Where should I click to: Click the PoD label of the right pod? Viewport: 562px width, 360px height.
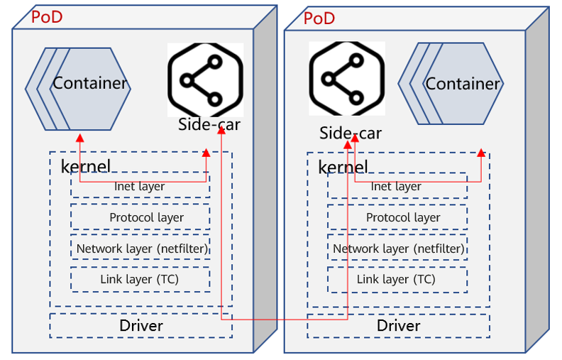coord(319,18)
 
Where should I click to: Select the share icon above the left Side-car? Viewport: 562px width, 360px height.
coord(205,80)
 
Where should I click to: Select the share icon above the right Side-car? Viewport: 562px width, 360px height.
coord(346,78)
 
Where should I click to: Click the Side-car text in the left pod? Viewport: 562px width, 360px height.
coord(209,125)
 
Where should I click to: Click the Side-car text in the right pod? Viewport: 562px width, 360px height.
coord(351,133)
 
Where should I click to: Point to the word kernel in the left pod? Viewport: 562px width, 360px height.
coord(86,166)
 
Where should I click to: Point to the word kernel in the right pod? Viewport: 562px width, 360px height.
coord(343,167)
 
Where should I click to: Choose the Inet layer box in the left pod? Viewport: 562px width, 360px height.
coord(140,186)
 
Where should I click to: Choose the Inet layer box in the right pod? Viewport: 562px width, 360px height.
coord(397,186)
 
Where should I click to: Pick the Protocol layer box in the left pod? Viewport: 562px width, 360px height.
coord(140,217)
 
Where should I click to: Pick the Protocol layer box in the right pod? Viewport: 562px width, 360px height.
coord(397,217)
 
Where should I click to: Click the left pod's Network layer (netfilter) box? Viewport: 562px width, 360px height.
coord(140,249)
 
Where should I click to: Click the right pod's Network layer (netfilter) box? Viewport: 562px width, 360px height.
coord(397,249)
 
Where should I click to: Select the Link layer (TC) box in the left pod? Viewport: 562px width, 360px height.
coord(140,279)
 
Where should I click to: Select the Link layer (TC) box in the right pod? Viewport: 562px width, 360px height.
coord(397,279)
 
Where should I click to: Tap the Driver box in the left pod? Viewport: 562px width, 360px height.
coord(140,326)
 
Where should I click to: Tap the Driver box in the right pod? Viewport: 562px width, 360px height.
coord(398,326)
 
